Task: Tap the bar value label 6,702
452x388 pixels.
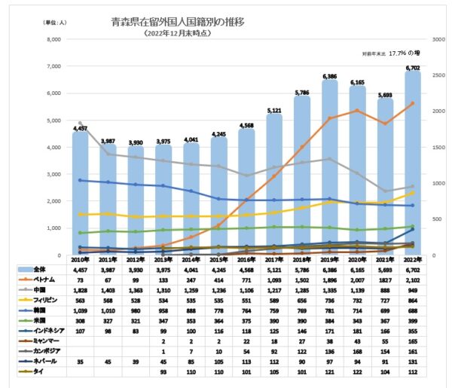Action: [x=412, y=68]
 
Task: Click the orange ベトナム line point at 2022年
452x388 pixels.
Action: [x=412, y=103]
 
